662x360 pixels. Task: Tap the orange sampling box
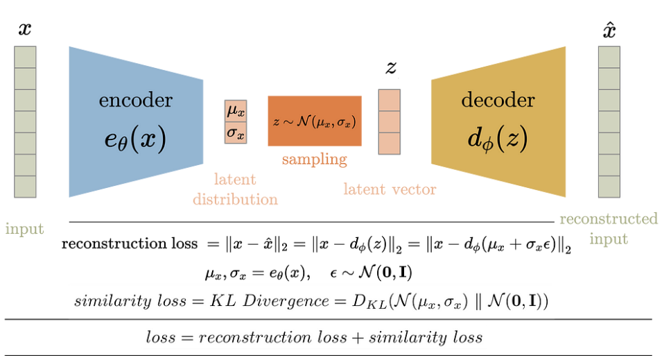tap(314, 121)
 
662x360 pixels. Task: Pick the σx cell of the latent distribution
tap(235, 132)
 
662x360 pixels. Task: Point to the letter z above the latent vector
tap(390, 68)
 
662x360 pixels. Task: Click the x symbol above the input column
tap(26, 28)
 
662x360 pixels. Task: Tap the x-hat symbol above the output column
tap(609, 30)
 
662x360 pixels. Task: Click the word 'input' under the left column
tap(24, 228)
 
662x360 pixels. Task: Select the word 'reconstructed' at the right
tap(609, 219)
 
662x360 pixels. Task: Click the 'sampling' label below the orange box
tap(314, 159)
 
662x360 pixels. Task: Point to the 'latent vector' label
tap(390, 189)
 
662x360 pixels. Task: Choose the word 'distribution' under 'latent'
tap(235, 199)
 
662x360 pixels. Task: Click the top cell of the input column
tap(25, 56)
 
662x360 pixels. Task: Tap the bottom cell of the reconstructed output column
tap(609, 186)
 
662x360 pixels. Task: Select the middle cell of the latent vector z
tap(389, 121)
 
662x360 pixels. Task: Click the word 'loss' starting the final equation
tap(161, 338)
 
